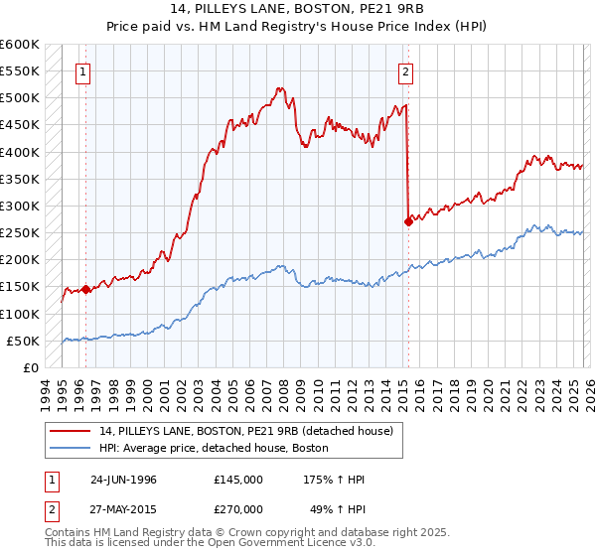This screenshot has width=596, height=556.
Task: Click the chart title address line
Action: tap(298, 10)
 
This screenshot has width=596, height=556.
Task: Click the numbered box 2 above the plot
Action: tap(406, 70)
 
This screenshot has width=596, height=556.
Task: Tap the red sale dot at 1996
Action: tap(86, 290)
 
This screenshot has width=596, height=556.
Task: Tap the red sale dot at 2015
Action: tap(408, 222)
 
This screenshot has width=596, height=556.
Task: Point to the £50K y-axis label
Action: tap(23, 341)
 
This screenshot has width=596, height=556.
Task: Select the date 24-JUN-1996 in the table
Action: tap(123, 480)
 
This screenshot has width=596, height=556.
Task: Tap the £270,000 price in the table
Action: tap(237, 509)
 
